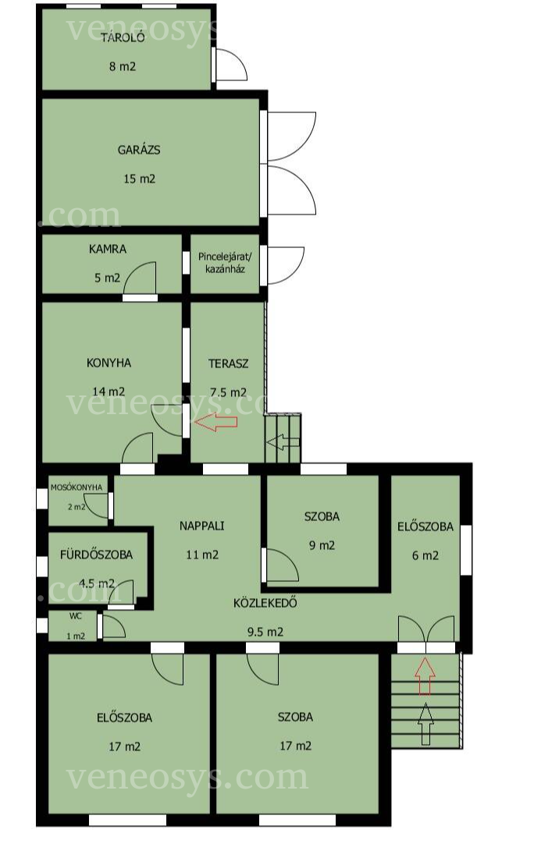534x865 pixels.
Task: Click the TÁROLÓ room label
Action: (123, 37)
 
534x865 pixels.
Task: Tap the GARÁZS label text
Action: (139, 150)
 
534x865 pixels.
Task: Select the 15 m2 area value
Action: (139, 179)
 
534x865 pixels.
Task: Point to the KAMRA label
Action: (107, 249)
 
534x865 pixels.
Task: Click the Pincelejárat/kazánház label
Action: (225, 263)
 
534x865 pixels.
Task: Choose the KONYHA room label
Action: (109, 363)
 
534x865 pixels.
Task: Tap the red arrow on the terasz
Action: (216, 422)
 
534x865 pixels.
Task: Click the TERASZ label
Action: (228, 363)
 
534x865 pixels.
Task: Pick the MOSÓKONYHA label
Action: (77, 487)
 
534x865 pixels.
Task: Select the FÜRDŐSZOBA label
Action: (96, 555)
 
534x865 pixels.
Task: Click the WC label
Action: (76, 616)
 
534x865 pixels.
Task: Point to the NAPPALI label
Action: (201, 526)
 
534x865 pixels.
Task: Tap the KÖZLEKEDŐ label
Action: (265, 602)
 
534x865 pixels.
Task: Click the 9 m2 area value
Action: (322, 545)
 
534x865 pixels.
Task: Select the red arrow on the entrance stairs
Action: (425, 675)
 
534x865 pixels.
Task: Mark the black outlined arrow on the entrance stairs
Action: (425, 725)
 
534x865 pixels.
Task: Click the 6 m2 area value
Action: (425, 555)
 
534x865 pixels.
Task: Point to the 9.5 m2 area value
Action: (265, 632)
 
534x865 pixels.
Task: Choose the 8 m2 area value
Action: (123, 67)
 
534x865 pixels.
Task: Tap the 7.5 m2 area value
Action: (228, 393)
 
